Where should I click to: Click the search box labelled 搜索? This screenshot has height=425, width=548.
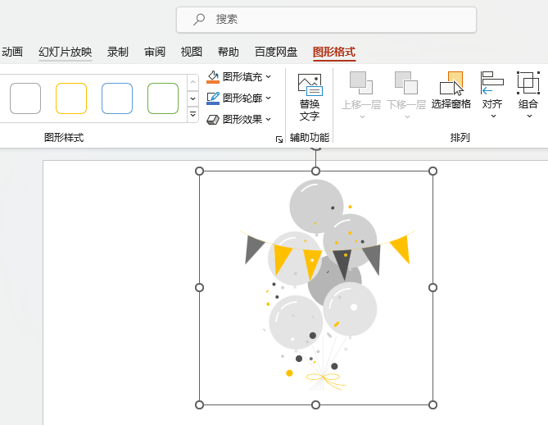326,20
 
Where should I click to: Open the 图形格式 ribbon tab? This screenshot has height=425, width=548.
334,53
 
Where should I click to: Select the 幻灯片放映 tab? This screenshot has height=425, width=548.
66,53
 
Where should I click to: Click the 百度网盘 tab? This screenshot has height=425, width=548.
276,53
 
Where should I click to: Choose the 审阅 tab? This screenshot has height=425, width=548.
155,53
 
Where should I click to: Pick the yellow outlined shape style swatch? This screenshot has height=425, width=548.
71,98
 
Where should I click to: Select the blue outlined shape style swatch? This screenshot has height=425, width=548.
117,98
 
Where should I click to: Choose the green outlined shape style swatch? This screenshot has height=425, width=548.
163,98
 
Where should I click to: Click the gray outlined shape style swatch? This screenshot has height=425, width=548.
25,98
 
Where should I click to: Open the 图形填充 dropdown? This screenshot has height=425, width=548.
238,76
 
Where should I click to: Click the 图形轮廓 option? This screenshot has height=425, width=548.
238,98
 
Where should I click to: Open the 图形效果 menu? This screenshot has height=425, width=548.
238,120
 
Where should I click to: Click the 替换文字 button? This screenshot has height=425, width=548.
310,97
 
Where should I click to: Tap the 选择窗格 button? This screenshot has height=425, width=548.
451,91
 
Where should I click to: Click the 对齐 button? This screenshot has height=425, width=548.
492,94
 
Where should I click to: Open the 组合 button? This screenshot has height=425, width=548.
528,94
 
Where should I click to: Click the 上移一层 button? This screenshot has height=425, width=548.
361,94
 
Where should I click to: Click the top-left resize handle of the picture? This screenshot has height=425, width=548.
199,171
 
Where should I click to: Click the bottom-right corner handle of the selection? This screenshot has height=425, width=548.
433,405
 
